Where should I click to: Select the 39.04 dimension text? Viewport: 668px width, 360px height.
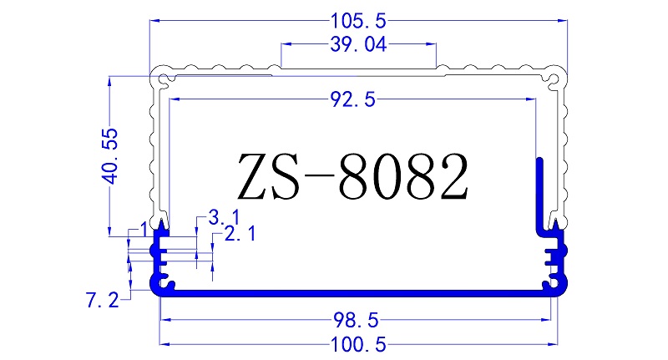tap(358, 46)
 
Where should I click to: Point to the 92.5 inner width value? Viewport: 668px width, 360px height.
tap(352, 100)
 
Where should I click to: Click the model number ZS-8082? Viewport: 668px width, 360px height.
tap(352, 175)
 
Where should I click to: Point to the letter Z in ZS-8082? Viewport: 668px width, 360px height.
tap(253, 175)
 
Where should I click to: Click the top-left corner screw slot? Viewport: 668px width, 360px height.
tap(162, 81)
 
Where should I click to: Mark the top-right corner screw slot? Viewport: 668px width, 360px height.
tap(554, 80)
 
